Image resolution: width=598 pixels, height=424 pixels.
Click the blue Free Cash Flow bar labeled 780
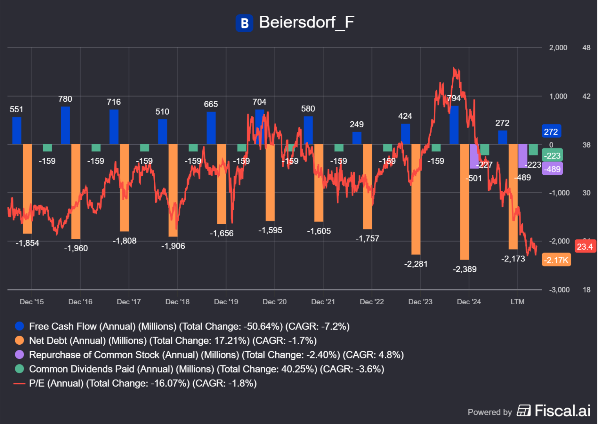click(65, 126)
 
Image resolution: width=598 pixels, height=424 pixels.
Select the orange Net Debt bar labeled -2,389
click(464, 202)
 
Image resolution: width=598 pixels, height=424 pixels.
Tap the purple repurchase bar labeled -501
click(474, 156)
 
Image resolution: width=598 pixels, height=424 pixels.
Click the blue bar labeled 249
click(357, 138)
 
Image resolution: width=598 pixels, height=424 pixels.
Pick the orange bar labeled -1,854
click(27, 189)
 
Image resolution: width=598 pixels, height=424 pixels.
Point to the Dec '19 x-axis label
click(226, 302)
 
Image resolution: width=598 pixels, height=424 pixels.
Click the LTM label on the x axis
click(517, 302)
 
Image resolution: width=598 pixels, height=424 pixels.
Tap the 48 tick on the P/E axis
click(586, 48)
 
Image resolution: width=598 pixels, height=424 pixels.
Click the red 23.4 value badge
click(585, 247)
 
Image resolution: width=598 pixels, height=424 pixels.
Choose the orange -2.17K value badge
click(556, 260)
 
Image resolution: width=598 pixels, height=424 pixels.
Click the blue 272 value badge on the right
click(551, 132)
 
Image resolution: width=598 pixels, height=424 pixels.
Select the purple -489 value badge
click(553, 169)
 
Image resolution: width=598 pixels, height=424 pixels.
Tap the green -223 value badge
click(553, 155)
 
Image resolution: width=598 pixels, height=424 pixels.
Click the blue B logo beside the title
click(244, 23)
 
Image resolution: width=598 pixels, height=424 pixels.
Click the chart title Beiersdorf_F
click(307, 22)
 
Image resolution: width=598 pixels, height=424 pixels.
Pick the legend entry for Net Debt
click(173, 340)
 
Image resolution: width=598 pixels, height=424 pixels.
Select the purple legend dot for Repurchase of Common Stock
click(19, 355)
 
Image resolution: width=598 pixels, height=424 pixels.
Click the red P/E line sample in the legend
click(19, 384)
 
